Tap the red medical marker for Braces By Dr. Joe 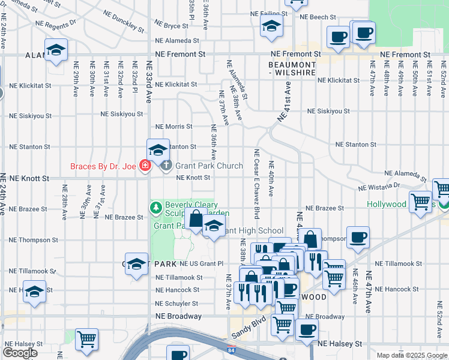click(145, 166)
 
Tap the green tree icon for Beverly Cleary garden click(156, 208)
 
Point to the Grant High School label click(251, 230)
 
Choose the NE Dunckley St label click(124, 21)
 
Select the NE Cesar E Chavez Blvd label click(257, 184)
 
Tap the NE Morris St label click(174, 127)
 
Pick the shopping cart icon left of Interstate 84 click(87, 339)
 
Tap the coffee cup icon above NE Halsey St click(307, 329)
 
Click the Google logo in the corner click(20, 353)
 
